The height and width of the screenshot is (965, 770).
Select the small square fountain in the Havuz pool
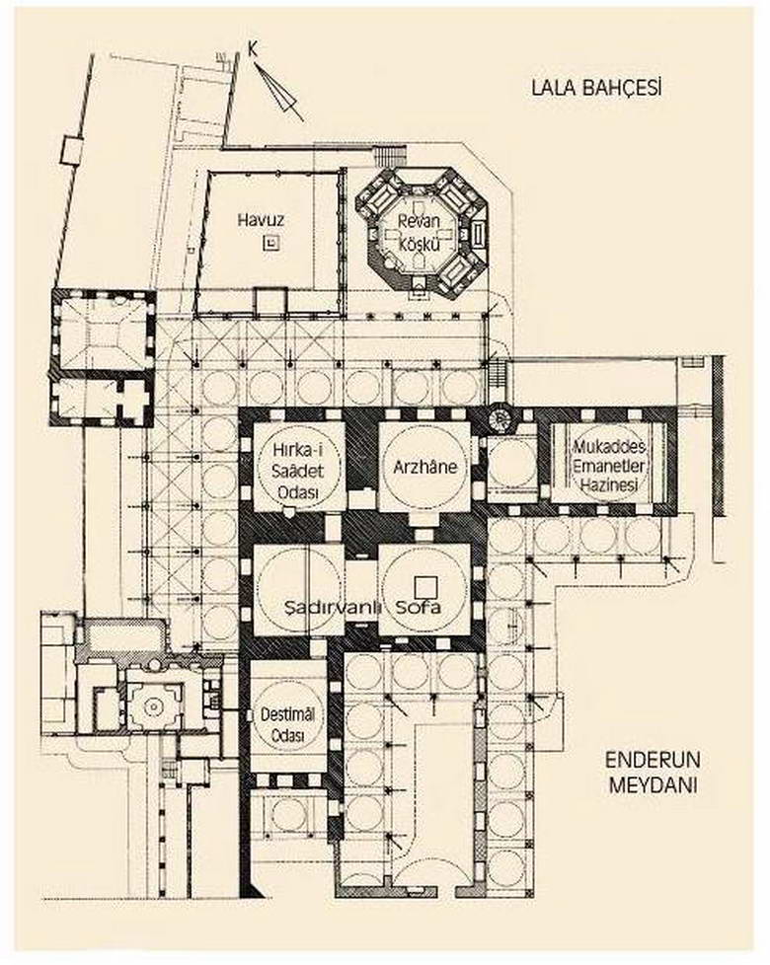(269, 242)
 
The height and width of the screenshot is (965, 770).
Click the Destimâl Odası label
(286, 721)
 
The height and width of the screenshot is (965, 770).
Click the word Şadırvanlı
(304, 604)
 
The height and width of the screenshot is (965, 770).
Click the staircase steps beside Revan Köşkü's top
(391, 157)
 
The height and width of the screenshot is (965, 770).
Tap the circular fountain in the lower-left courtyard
(153, 706)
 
